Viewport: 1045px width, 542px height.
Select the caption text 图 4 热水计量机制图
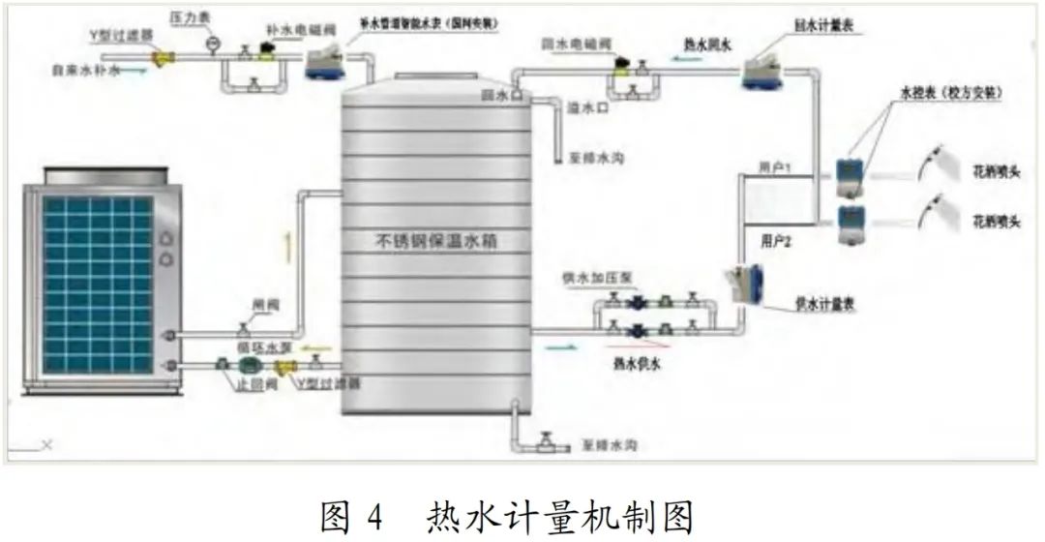tap(507, 515)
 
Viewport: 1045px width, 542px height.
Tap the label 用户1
tap(776, 168)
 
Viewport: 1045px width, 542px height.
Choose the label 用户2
tap(776, 241)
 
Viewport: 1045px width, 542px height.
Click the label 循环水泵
tap(258, 346)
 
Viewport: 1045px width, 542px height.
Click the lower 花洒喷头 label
tap(997, 223)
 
